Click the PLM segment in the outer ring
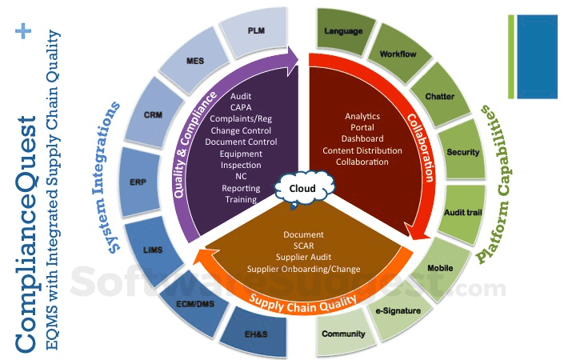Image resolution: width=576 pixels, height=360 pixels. [x=256, y=31]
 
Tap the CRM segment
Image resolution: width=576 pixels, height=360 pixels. [x=154, y=114]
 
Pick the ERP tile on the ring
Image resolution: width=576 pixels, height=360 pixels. [x=138, y=182]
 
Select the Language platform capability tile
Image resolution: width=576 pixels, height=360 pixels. [x=344, y=31]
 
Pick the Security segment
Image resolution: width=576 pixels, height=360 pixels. [x=463, y=152]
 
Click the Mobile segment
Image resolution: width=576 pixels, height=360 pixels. [x=441, y=267]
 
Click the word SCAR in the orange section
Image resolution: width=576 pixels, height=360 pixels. [x=303, y=246]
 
